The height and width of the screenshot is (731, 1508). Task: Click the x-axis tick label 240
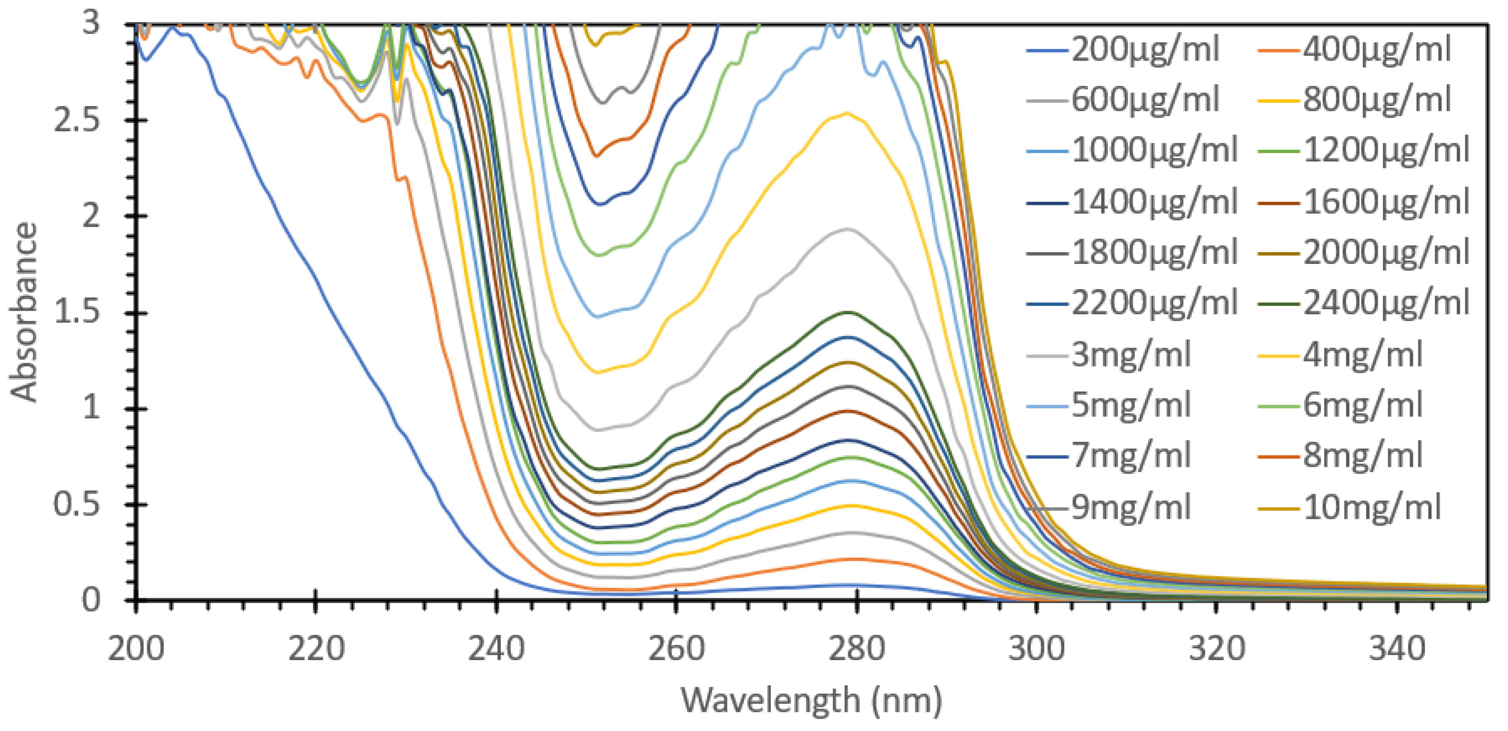(497, 650)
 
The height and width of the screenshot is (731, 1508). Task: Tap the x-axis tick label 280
(856, 650)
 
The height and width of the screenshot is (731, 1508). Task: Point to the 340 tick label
(1397, 650)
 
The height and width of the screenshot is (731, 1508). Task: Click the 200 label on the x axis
(136, 650)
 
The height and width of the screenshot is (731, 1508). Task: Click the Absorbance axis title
(24, 312)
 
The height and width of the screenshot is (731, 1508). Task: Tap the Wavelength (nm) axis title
(811, 700)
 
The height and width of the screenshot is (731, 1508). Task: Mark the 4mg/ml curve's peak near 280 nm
(847, 113)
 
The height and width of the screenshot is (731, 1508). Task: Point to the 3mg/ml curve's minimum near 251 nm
(597, 430)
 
